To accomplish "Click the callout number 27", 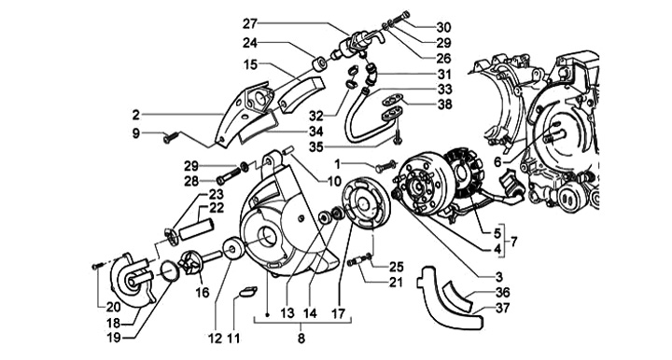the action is (x=250, y=23).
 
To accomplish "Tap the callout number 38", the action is (x=445, y=104).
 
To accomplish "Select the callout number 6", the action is (x=497, y=162).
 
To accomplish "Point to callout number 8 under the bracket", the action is (x=301, y=339).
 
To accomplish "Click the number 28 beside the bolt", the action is (x=191, y=181).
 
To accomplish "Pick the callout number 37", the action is (x=502, y=308).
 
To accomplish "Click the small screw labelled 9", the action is (x=168, y=138).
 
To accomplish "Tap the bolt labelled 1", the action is (x=386, y=166).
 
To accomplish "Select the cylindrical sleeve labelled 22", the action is (x=196, y=229).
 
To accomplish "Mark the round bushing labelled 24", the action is (x=318, y=65).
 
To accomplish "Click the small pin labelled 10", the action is (x=287, y=150).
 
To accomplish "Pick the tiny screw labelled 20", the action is (x=95, y=266).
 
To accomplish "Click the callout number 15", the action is (x=251, y=64).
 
